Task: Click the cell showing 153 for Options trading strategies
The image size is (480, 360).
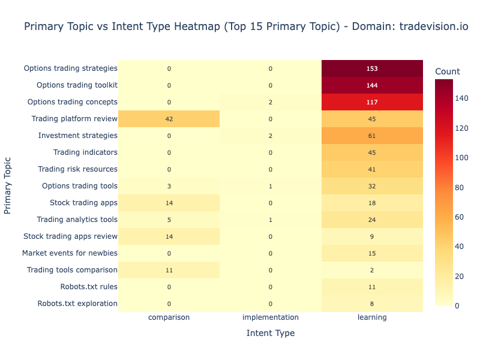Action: (372, 68)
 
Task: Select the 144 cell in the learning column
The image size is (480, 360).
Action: (372, 85)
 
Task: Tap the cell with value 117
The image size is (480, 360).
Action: (372, 102)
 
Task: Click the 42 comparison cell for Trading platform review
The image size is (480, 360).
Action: (169, 119)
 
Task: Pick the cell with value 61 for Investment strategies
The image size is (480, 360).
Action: (372, 136)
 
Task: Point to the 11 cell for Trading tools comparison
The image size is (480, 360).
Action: (169, 270)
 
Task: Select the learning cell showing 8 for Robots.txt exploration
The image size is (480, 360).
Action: (372, 304)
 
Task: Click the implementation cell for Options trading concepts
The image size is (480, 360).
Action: (271, 102)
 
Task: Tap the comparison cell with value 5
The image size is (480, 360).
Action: (169, 220)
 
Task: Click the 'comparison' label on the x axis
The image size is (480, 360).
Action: (169, 317)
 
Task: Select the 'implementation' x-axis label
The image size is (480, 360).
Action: (271, 317)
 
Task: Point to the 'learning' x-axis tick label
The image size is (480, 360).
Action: (372, 317)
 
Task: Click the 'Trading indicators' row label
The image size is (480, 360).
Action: (85, 152)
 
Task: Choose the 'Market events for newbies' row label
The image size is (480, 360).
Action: (70, 253)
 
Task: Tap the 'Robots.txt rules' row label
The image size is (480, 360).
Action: (89, 287)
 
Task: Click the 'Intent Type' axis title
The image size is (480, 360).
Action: (271, 333)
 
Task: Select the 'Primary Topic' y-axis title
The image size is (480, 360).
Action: (8, 186)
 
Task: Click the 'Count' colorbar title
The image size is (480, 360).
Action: (447, 72)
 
